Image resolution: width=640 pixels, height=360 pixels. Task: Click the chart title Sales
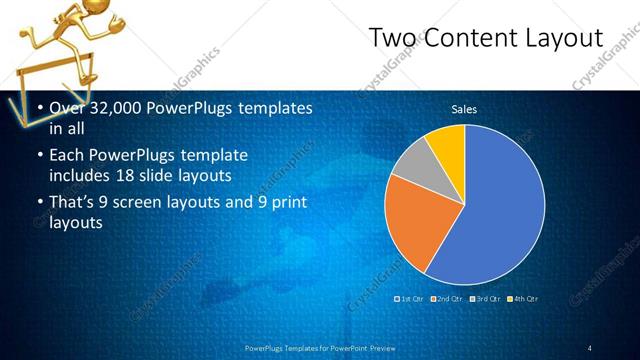464,109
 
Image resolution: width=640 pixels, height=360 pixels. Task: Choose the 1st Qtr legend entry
411,299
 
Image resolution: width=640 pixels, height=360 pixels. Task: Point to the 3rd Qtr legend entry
485,299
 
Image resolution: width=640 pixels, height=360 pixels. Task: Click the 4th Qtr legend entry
523,299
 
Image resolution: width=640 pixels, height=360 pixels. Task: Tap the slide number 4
590,347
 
